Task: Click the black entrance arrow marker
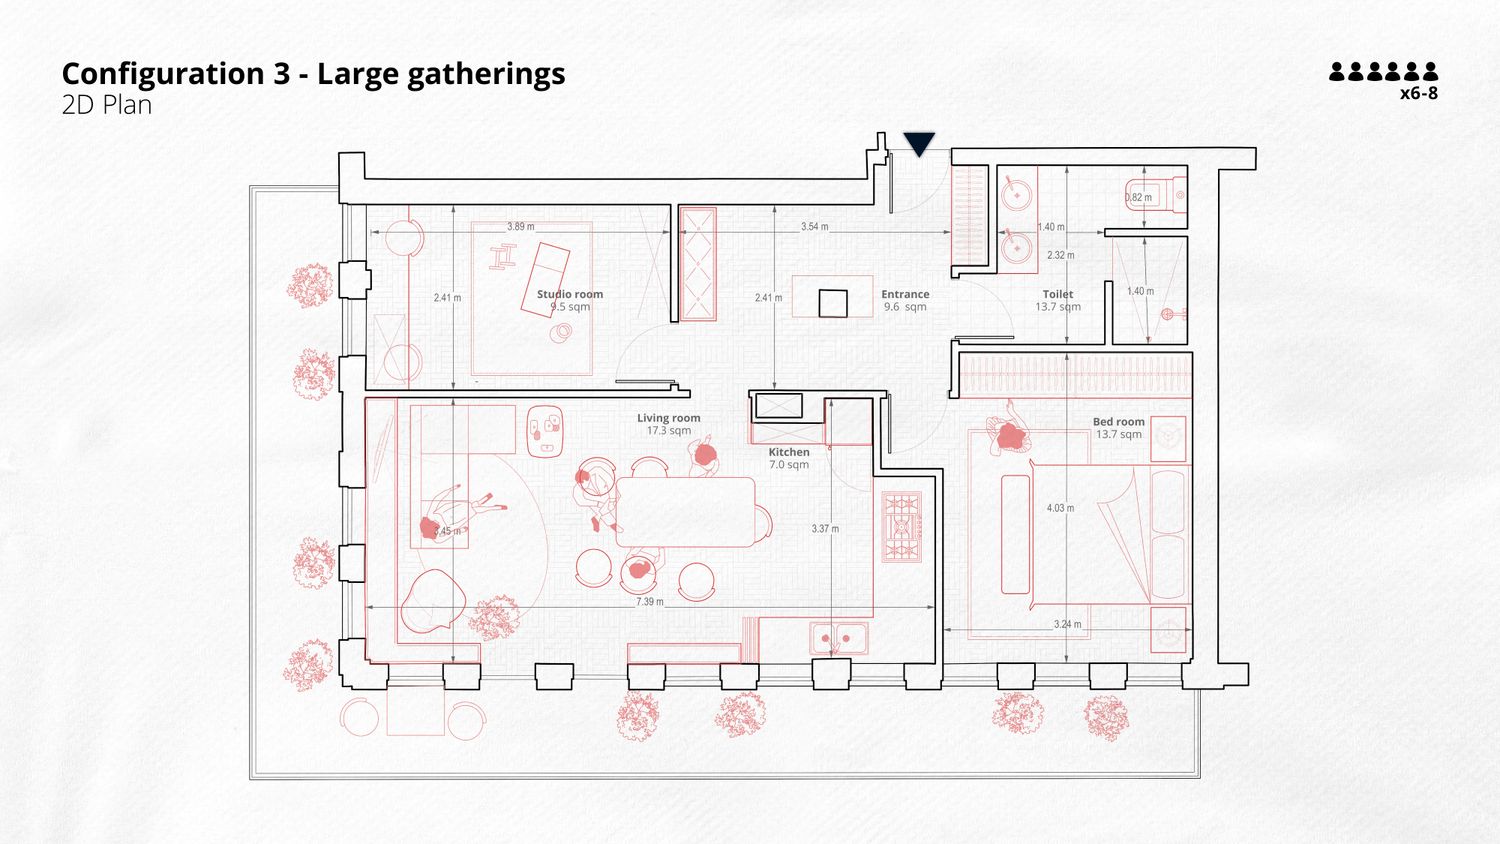(919, 144)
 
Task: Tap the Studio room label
(570, 294)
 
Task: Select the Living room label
(669, 418)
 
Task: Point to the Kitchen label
(789, 452)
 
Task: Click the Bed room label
(1119, 422)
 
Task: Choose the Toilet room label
(1058, 294)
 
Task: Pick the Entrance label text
(905, 294)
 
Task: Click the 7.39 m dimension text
(650, 602)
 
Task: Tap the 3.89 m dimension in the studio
(521, 227)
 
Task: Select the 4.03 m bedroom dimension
(1060, 508)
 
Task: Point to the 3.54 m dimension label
(815, 227)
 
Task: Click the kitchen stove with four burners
(901, 526)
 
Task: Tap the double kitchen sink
(839, 637)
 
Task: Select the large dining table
(685, 511)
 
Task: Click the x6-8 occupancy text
(1418, 94)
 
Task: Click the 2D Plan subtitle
(107, 105)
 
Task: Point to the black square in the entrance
(833, 303)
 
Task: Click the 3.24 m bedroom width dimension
(1067, 624)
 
